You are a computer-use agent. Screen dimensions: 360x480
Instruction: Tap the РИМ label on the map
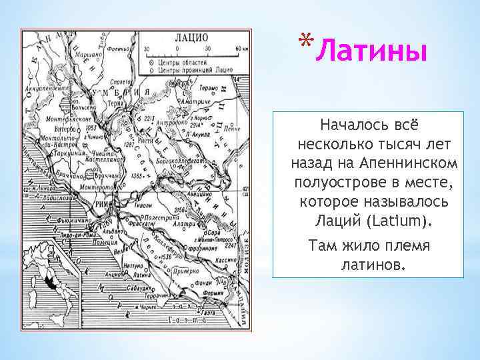click(x=103, y=204)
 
